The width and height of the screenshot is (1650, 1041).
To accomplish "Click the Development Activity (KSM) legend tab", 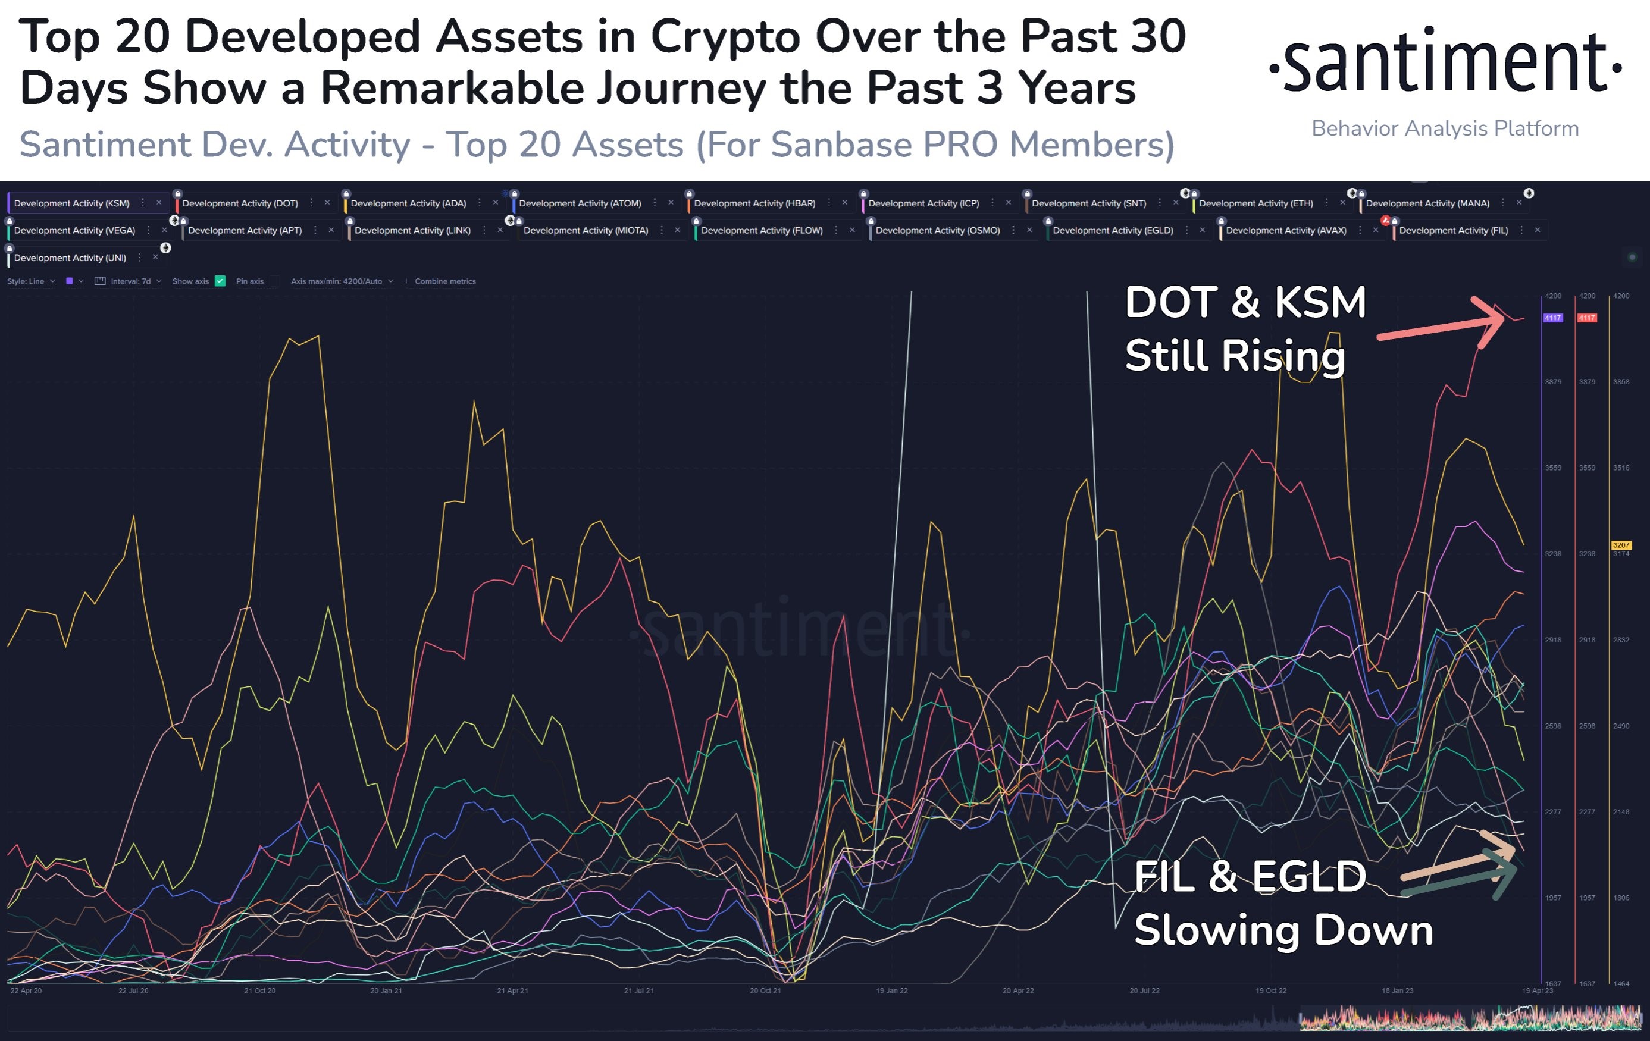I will click(71, 203).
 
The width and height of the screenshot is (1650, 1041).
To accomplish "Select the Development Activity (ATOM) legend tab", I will click(580, 203).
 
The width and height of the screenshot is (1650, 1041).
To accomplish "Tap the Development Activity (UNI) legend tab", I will click(70, 258).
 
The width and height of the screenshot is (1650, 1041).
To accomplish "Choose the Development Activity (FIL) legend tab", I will click(1453, 231).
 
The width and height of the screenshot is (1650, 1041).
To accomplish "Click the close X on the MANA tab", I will click(1519, 203).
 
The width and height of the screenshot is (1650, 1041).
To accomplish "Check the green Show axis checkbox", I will click(220, 281).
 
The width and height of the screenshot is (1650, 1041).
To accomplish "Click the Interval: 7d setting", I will click(130, 281).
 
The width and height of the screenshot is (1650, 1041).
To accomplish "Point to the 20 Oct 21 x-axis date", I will click(765, 991).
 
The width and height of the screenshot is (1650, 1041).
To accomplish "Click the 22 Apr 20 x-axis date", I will click(26, 991).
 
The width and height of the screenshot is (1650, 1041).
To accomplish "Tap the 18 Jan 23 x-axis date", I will click(1397, 991).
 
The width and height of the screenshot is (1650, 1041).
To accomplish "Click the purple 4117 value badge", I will click(1552, 318).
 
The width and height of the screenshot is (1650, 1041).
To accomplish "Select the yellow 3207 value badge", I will click(1620, 545).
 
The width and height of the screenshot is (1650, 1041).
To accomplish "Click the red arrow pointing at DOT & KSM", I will click(1446, 327).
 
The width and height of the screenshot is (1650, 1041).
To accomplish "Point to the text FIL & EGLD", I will click(1250, 877).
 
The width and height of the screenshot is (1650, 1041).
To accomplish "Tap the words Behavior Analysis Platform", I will click(1445, 128).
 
